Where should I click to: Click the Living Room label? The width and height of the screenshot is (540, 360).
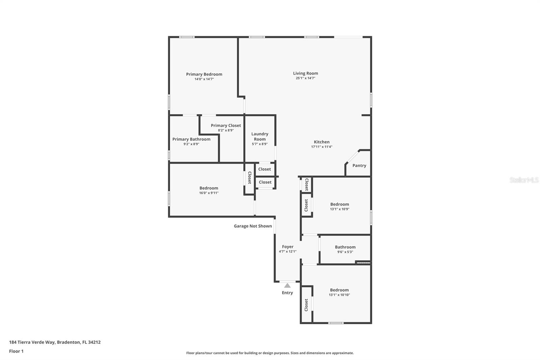click(x=305, y=73)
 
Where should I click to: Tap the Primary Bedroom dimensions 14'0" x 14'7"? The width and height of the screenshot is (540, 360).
click(x=204, y=79)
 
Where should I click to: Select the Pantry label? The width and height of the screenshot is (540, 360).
click(x=359, y=165)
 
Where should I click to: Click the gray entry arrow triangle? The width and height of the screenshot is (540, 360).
click(x=287, y=285)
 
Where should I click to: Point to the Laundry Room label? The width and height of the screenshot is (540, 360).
click(x=260, y=136)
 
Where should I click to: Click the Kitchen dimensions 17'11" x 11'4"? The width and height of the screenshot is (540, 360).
click(x=322, y=147)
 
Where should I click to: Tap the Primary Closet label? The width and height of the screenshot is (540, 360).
click(x=226, y=125)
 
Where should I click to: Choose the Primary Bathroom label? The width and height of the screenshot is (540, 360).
click(x=191, y=139)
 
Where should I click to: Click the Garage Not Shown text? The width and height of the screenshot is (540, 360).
click(x=253, y=226)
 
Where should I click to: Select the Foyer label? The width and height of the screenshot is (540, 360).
click(x=288, y=247)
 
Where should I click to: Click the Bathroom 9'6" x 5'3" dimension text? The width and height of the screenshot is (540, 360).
click(x=345, y=252)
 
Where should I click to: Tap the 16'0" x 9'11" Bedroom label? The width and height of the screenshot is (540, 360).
click(x=209, y=188)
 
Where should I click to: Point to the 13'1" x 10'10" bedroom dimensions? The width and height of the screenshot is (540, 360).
click(x=339, y=295)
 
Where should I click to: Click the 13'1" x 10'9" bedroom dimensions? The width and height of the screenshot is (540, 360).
click(x=340, y=209)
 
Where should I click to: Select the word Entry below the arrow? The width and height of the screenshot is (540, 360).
click(x=287, y=293)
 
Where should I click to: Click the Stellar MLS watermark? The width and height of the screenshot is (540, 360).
click(x=524, y=180)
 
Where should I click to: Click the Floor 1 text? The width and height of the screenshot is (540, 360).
click(x=16, y=351)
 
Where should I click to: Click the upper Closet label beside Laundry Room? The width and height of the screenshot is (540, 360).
click(x=265, y=169)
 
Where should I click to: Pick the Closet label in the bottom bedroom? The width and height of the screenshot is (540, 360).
click(x=306, y=305)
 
